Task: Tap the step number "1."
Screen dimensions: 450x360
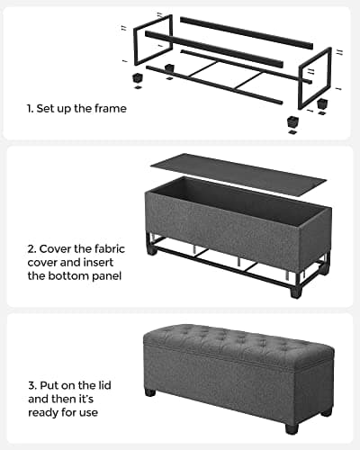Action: [30, 109]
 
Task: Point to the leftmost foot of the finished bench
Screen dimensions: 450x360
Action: [149, 393]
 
